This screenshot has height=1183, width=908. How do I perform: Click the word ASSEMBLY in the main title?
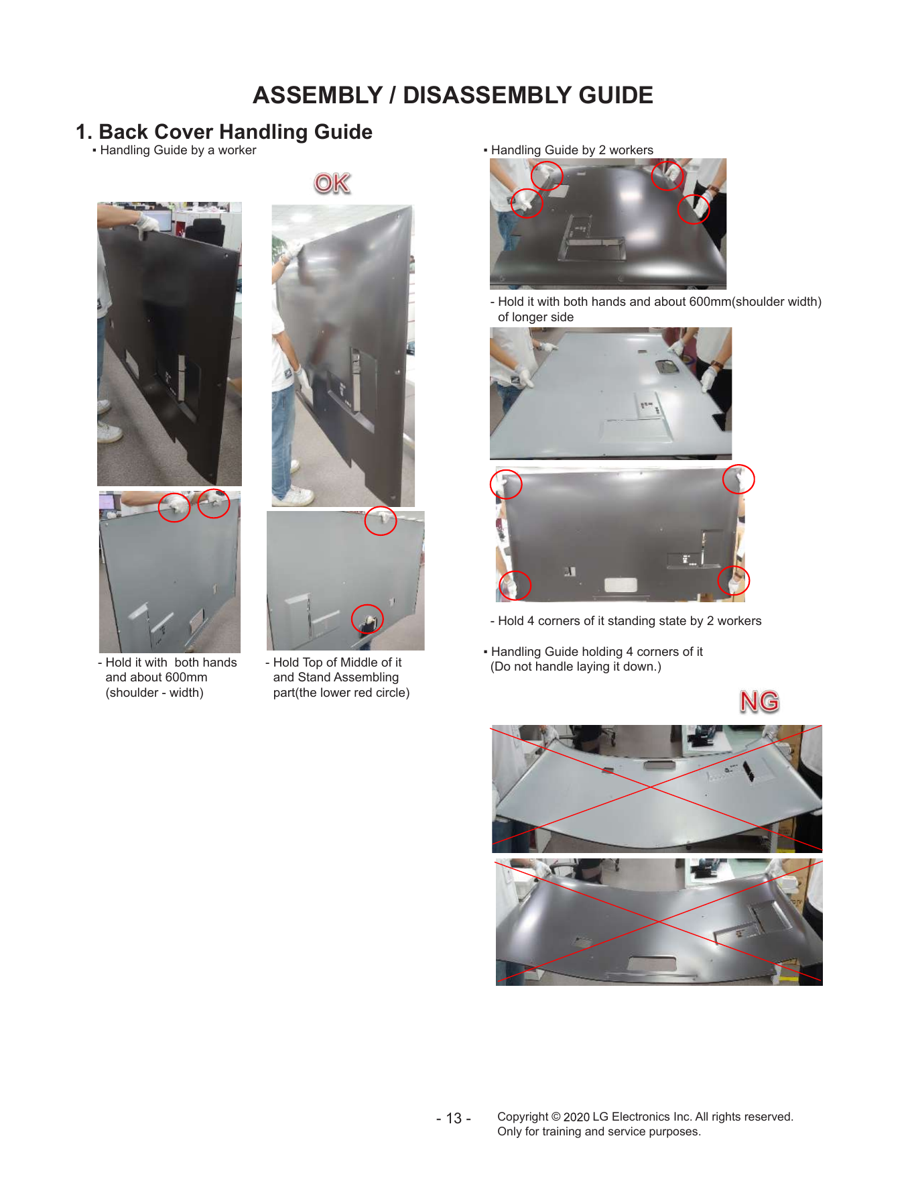click(x=318, y=95)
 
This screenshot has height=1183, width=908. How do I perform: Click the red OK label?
click(x=332, y=183)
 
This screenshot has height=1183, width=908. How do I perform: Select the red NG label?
click(x=759, y=701)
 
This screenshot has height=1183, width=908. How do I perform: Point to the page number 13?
click(x=454, y=1118)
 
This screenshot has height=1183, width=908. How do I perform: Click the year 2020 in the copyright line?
click(x=576, y=1117)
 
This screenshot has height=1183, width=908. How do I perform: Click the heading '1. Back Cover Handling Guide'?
click(x=224, y=131)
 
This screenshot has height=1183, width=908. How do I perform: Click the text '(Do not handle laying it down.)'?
click(x=576, y=667)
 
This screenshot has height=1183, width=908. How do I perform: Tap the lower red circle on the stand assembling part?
click(x=367, y=619)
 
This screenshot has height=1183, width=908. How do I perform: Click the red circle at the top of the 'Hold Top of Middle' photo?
click(x=381, y=520)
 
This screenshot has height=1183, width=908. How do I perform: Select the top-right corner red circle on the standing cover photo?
click(x=738, y=480)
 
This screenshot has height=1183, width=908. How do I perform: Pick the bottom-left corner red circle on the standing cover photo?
click(x=515, y=585)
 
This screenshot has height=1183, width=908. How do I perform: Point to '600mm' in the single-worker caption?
click(x=186, y=677)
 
